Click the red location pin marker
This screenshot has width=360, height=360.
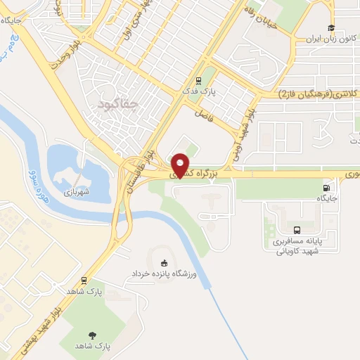tap(181, 165)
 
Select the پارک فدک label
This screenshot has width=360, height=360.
tap(200, 92)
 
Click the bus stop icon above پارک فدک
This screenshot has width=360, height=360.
tap(199, 80)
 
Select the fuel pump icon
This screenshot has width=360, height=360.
tap(326, 188)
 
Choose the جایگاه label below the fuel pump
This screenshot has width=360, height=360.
tap(327, 199)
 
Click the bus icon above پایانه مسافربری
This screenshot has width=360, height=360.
tap(297, 229)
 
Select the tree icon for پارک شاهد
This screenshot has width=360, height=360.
tap(92, 335)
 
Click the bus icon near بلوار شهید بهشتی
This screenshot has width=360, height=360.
tap(84, 279)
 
